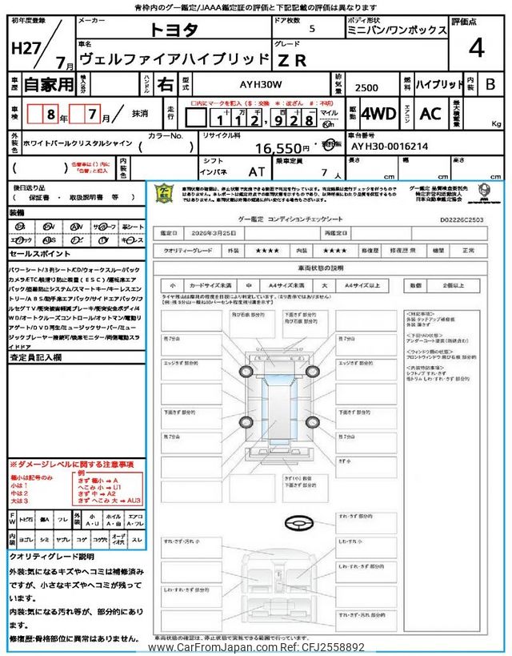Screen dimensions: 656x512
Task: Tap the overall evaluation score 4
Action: click(476, 48)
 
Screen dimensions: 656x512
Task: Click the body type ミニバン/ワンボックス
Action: click(397, 30)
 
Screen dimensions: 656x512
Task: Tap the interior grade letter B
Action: click(490, 83)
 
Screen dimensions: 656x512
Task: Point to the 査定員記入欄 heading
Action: click(35, 357)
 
